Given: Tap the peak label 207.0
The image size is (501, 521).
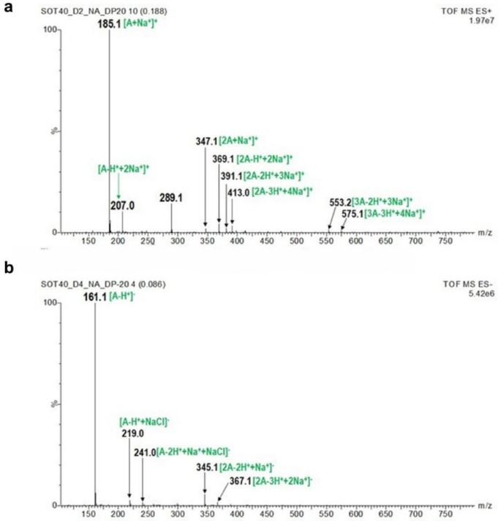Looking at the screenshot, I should click(x=121, y=204).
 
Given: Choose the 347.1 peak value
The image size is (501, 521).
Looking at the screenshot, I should click(x=207, y=139).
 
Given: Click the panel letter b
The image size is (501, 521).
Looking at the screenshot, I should click(x=9, y=269).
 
